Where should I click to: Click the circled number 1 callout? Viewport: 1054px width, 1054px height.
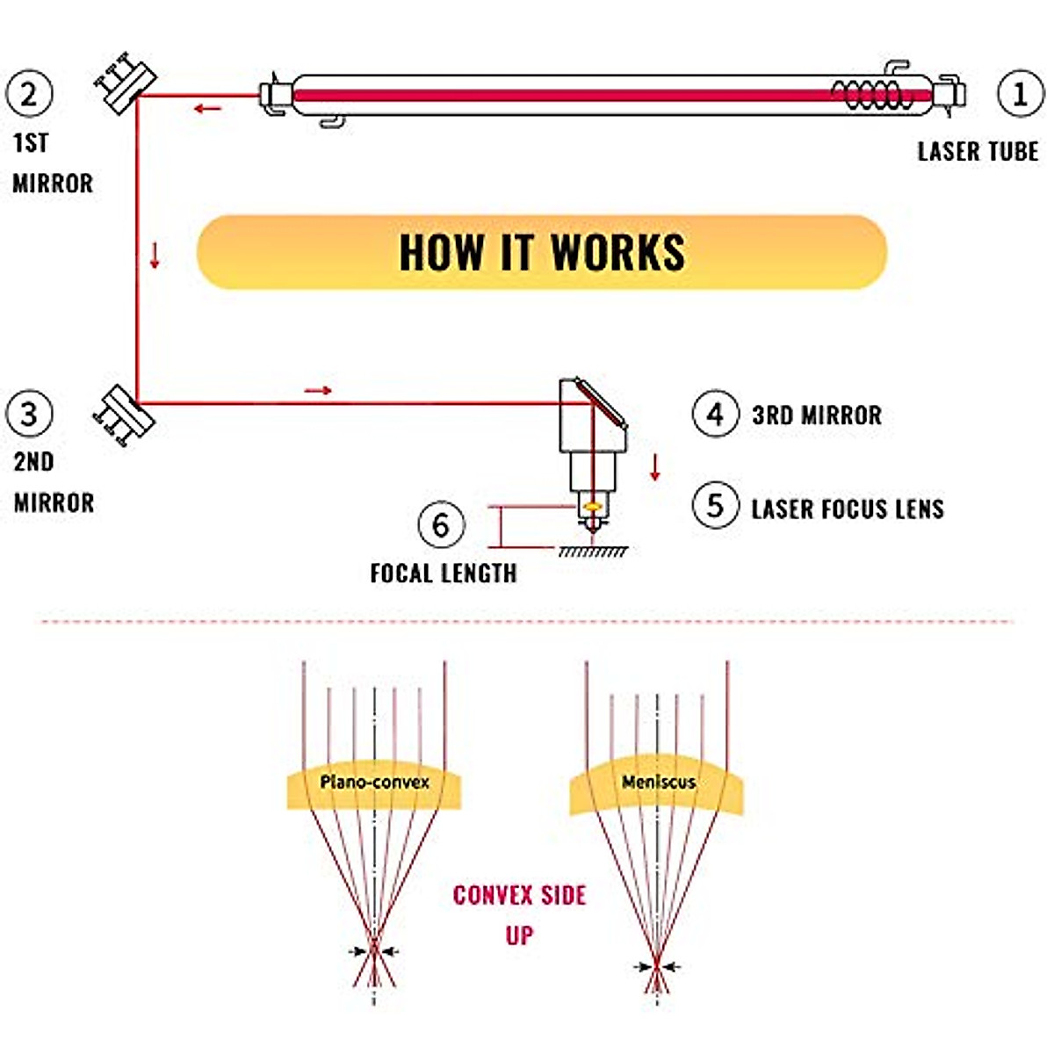pos(1020,93)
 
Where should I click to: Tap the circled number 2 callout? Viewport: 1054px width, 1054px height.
pos(29,93)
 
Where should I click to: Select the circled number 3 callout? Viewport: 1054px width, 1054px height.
pos(29,414)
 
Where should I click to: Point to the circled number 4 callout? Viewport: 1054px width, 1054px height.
pos(716,414)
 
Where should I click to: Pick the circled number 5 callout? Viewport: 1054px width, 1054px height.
pos(716,505)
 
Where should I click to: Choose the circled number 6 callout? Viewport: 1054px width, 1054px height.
pos(442,524)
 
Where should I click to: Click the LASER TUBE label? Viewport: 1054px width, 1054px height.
pos(978,151)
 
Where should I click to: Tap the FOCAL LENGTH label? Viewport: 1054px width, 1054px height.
pos(444,574)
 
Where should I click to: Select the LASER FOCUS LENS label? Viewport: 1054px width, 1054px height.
pos(848,509)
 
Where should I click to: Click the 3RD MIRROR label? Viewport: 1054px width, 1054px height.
pos(817,415)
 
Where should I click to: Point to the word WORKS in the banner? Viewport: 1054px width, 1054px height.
pos(617,252)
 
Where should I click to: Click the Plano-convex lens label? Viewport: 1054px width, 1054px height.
pos(375,782)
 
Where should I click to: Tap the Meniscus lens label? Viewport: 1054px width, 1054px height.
pos(659,782)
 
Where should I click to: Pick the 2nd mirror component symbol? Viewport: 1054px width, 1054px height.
pos(124,416)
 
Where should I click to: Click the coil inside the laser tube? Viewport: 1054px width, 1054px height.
pos(872,94)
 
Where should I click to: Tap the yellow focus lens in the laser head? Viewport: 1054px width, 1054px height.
pos(591,507)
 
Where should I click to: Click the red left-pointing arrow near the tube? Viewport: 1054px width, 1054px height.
pos(208,108)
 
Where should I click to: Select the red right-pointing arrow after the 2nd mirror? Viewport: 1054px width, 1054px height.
pos(318,390)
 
